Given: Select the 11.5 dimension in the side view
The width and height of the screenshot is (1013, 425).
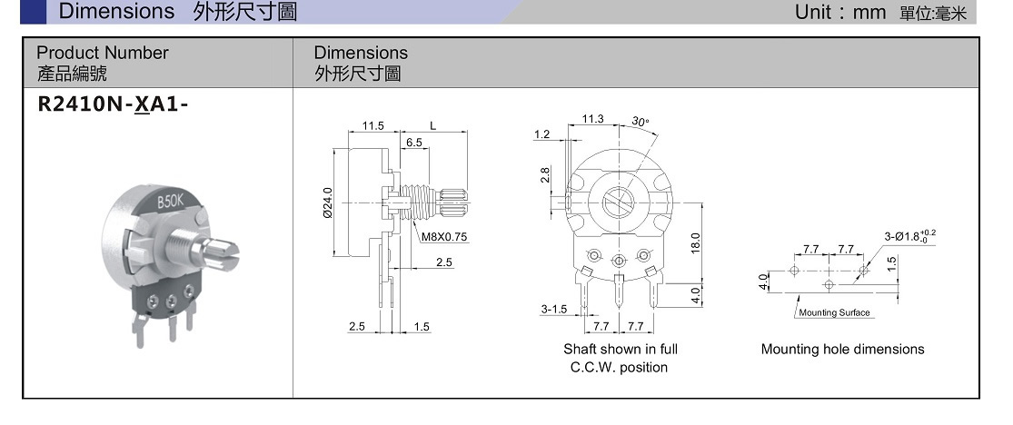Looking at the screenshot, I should [373, 126].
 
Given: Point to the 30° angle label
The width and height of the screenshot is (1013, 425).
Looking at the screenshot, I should [641, 121].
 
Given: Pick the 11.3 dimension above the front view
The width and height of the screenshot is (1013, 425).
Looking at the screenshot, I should [593, 119].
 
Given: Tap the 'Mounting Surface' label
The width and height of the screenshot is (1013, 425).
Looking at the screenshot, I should [834, 312].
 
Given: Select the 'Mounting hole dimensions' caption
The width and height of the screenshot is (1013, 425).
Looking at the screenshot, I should [842, 350].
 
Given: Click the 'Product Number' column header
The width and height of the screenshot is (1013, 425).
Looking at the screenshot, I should [103, 53].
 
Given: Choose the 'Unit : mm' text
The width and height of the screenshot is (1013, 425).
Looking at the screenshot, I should [840, 12].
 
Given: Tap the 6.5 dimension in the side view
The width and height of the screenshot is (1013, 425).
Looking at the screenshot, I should [414, 143].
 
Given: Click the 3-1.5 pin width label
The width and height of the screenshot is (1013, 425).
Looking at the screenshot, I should [553, 309].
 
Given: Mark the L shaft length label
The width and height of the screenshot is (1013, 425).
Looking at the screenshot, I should [433, 126].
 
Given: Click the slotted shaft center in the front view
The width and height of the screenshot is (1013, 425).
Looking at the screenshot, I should [619, 197].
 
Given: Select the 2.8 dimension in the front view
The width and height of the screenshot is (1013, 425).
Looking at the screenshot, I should [546, 174].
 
